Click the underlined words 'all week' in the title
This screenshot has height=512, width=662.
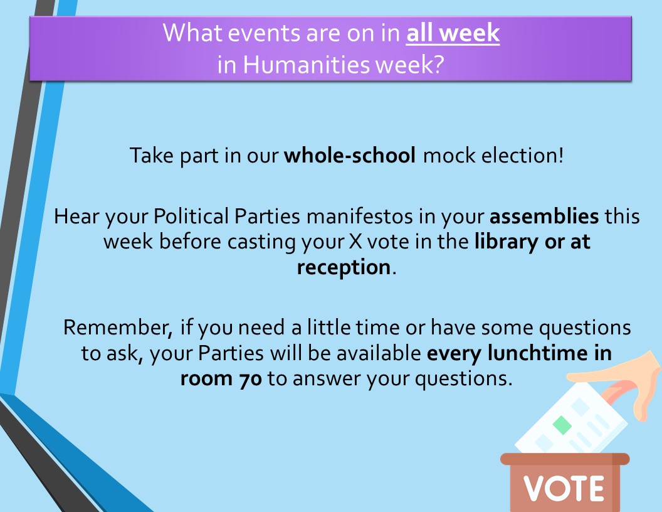453,33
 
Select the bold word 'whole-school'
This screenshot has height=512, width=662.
350,156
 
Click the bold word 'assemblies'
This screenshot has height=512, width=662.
544,216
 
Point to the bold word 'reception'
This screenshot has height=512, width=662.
344,267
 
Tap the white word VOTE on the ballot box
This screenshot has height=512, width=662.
564,489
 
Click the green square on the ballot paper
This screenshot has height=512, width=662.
562,425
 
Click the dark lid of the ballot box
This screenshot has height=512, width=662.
565,459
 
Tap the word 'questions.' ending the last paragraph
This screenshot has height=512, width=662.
463,379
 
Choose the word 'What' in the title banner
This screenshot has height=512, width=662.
193,33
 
